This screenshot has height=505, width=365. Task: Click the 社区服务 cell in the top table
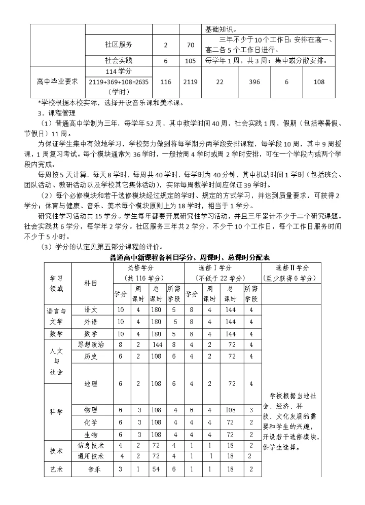click(119, 45)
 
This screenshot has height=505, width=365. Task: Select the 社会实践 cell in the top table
click(119, 61)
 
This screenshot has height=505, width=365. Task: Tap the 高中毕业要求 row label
click(57, 81)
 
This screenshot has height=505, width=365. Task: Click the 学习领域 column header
click(57, 284)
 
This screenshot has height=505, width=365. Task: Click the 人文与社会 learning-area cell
click(57, 362)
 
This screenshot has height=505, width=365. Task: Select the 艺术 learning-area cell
click(57, 469)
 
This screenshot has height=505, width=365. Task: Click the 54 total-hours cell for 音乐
click(156, 469)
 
